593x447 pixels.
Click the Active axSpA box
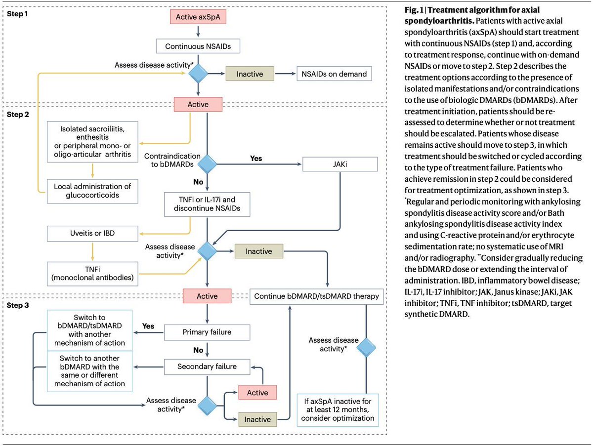[x=198, y=17]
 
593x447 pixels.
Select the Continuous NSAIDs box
[x=198, y=46]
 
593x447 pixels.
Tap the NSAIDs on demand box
[x=334, y=74]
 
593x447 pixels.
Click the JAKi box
[x=340, y=164]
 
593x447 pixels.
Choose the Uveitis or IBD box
[x=92, y=234]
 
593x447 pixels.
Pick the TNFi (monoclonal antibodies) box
[x=92, y=274]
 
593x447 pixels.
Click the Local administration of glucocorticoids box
[x=92, y=191]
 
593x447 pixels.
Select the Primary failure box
[x=207, y=332]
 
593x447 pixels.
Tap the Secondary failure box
[x=207, y=367]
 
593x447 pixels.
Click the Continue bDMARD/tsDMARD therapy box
[x=317, y=297]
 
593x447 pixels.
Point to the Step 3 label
[x=18, y=305]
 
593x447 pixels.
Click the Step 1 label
[x=17, y=14]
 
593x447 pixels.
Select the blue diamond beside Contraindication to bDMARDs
[x=207, y=164]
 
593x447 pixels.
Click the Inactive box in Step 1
[x=250, y=74]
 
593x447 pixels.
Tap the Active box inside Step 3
[x=257, y=393]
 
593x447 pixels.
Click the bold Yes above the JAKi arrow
[x=256, y=159]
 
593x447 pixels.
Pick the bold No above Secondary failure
[x=198, y=350]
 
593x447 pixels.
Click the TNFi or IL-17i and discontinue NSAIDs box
[x=207, y=204]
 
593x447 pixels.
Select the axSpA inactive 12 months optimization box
[x=338, y=410]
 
